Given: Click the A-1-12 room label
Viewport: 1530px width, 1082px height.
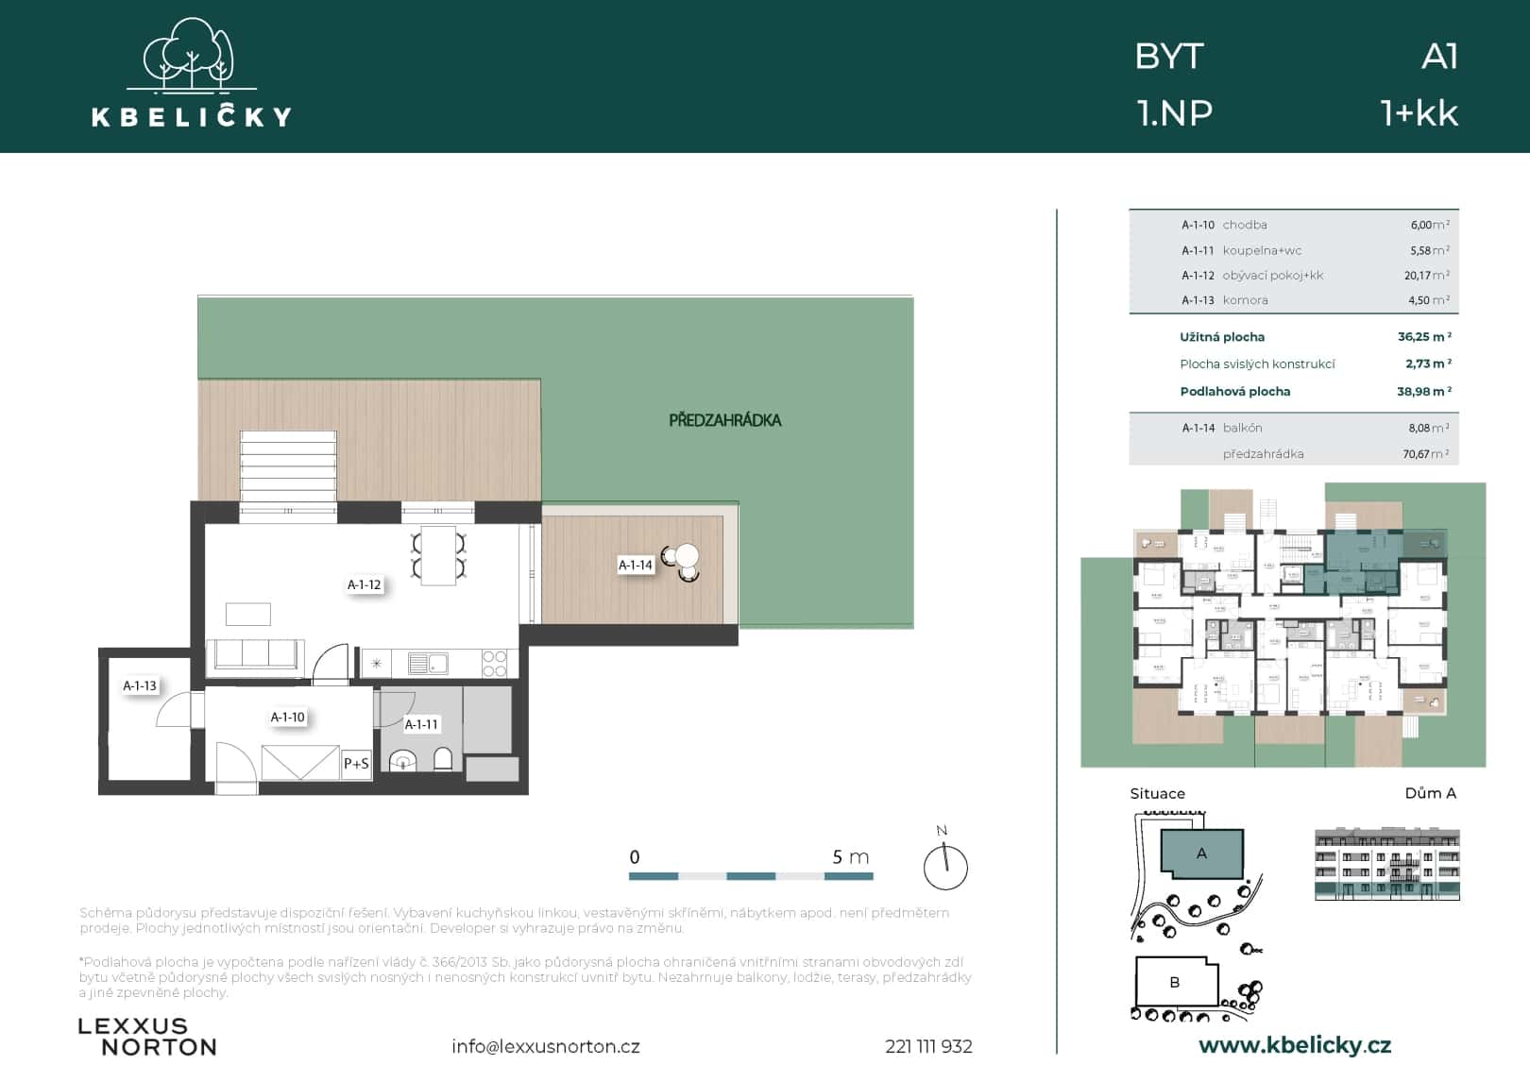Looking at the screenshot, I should tap(365, 585).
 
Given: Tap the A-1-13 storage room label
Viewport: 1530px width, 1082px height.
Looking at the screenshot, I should tap(140, 686).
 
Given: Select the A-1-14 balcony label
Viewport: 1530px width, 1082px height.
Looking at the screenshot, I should tap(636, 566).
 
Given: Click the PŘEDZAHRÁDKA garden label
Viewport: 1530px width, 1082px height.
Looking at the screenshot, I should tap(724, 420).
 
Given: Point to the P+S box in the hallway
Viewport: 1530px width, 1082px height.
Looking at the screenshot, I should tap(356, 763).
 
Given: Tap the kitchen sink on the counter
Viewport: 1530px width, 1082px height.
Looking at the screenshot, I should tap(428, 664).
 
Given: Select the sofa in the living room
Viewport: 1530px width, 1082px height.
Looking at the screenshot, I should tap(255, 654).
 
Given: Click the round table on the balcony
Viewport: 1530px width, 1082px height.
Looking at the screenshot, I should tap(687, 555).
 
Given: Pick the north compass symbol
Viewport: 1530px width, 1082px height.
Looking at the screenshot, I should tap(945, 865).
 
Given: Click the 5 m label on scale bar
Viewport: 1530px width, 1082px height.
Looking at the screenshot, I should tap(850, 857).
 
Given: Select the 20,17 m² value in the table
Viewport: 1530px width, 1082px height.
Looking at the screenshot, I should tap(1426, 276).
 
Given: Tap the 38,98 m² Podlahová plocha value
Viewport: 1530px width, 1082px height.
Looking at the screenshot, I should tap(1424, 391).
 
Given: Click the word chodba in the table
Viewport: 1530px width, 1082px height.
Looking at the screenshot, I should tap(1245, 225).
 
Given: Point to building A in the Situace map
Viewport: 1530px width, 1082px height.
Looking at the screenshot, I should tap(1201, 854).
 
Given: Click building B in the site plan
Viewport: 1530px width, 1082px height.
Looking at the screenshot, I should tap(1174, 982).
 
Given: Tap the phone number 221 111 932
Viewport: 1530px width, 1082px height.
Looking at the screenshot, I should tap(928, 1046).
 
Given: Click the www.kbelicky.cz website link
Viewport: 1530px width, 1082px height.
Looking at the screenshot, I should tap(1294, 1045).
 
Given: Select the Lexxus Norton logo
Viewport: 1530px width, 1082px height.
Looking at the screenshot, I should tap(147, 1037).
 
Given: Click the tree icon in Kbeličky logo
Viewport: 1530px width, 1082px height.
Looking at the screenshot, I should tap(192, 54).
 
